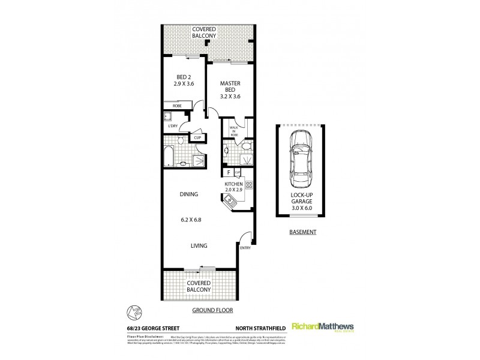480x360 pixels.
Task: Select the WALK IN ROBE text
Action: (229, 131)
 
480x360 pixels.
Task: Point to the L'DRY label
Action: (173, 126)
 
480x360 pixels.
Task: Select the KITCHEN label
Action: (234, 184)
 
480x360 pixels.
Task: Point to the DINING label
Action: (189, 194)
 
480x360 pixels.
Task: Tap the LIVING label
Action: (199, 245)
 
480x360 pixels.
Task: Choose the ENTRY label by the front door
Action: (245, 247)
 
